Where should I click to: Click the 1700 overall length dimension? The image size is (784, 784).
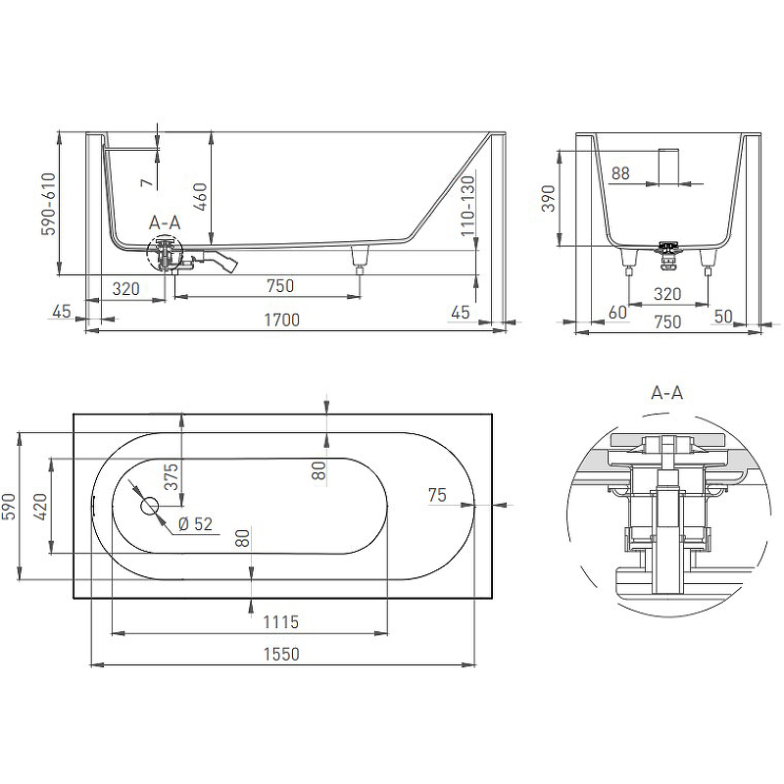coord(281,320)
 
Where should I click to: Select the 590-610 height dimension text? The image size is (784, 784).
coord(48,204)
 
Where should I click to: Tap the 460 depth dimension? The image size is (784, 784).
coord(200,197)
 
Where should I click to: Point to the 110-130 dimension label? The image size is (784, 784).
coord(467,206)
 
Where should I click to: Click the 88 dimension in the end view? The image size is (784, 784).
coord(620,173)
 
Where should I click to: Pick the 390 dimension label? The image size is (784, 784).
coord(549,199)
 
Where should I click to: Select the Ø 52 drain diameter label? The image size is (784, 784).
coord(195,524)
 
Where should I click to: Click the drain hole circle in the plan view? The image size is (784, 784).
coord(150,506)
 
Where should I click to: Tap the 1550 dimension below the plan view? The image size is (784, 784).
coord(281,654)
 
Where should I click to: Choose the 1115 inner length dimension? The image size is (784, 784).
coord(280,622)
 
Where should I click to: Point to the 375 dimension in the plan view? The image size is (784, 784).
coord(171,476)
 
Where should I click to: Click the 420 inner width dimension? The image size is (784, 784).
coord(41,506)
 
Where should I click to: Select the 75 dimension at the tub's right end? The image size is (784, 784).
coord(437,495)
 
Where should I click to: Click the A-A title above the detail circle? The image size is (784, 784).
coord(667,393)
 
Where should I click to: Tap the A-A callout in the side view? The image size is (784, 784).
coord(165,222)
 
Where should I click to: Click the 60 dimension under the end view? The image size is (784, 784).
coord(618,313)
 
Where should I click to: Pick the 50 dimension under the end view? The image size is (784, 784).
coord(723,316)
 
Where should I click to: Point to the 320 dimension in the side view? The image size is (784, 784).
coord(126,288)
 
